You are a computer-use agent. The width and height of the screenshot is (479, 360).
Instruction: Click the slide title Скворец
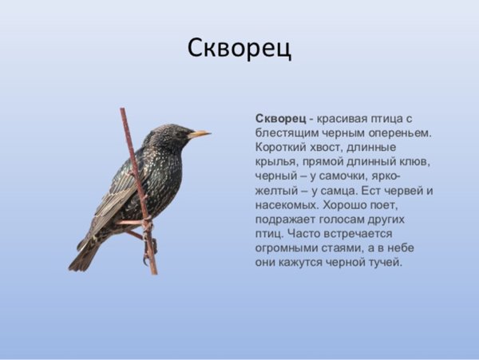coord(239,48)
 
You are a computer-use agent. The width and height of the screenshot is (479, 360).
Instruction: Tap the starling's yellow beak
coord(200,134)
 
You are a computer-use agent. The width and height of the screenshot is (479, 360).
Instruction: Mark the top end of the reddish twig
coord(122,110)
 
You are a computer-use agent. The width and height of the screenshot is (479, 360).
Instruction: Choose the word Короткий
coord(283,147)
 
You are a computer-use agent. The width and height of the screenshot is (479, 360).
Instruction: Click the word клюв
coord(414,161)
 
